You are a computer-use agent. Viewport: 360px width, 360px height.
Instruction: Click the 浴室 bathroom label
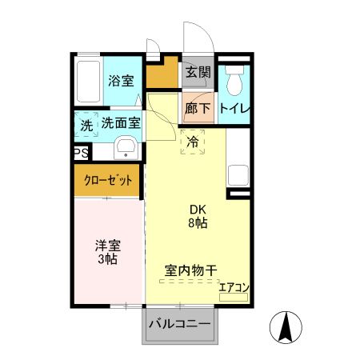point(121,80)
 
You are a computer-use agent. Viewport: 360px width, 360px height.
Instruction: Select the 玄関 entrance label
point(198,72)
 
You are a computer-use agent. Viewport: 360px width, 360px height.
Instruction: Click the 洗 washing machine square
point(86,126)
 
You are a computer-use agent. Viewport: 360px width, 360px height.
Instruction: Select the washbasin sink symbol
point(126,149)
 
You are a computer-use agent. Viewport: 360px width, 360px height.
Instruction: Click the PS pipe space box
point(81,152)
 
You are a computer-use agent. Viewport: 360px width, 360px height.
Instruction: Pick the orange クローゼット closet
point(108,181)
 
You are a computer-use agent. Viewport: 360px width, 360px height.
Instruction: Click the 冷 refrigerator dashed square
point(193,142)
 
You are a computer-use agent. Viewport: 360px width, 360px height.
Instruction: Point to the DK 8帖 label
point(198,217)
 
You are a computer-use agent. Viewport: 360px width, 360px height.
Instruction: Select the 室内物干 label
point(191,270)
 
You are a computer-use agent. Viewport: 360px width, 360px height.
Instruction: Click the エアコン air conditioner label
point(234,288)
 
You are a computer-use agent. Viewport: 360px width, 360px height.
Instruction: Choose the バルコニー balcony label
point(180,324)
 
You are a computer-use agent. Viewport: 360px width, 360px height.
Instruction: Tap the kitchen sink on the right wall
point(238,175)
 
